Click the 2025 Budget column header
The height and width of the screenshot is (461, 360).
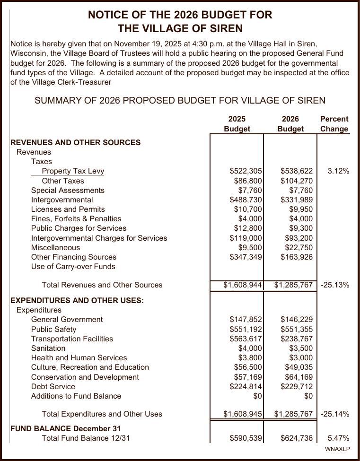point(237,124)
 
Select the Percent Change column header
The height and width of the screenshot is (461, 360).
point(334,124)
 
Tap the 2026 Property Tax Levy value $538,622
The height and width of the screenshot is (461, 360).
point(296,171)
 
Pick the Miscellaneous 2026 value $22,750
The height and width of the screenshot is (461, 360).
point(299,248)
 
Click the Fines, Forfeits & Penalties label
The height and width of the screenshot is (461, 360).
point(76,219)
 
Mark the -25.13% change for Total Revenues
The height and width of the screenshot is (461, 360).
point(335,285)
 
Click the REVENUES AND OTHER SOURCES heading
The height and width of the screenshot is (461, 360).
point(75,142)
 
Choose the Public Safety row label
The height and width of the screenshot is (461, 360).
point(53,330)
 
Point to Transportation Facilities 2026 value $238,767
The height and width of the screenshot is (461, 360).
point(296,339)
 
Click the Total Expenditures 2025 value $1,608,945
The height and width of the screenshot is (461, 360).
point(243,414)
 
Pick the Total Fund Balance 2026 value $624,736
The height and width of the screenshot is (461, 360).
point(296,438)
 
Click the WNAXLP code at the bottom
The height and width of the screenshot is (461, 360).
point(337,449)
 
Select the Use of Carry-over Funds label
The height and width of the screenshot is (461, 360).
point(73,267)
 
